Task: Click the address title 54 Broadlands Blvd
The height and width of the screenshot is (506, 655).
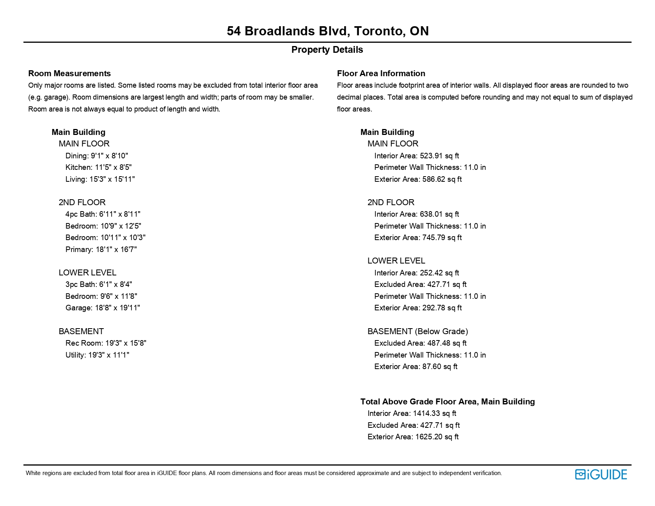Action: [327, 31]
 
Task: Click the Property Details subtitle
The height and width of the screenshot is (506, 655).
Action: [327, 50]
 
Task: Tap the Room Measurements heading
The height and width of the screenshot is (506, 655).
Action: [69, 73]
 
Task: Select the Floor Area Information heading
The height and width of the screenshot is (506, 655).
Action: [381, 73]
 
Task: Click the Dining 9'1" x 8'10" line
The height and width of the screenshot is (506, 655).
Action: [96, 156]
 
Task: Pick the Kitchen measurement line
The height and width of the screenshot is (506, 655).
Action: [98, 167]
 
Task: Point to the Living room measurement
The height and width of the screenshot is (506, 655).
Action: [100, 179]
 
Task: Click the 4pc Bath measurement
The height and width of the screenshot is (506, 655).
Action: [103, 214]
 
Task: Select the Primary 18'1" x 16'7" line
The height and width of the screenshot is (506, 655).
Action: [101, 250]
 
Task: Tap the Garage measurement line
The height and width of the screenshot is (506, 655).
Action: [102, 308]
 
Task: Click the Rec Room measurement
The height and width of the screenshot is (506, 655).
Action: [106, 343]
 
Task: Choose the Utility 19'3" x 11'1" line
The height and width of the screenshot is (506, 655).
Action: [97, 355]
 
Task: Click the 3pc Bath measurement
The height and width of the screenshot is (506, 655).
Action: [98, 285]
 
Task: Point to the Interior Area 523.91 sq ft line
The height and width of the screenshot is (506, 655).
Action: [416, 156]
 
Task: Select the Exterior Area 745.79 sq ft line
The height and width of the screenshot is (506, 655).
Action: [418, 238]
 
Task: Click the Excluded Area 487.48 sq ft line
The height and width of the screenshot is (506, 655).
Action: [420, 343]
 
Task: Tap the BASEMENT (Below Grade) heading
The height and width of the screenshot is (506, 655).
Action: [418, 331]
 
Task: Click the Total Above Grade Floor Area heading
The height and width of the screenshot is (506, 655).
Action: [447, 402]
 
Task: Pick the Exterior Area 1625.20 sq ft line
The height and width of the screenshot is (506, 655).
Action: [413, 437]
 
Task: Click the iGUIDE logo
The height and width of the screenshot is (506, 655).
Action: [601, 475]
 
